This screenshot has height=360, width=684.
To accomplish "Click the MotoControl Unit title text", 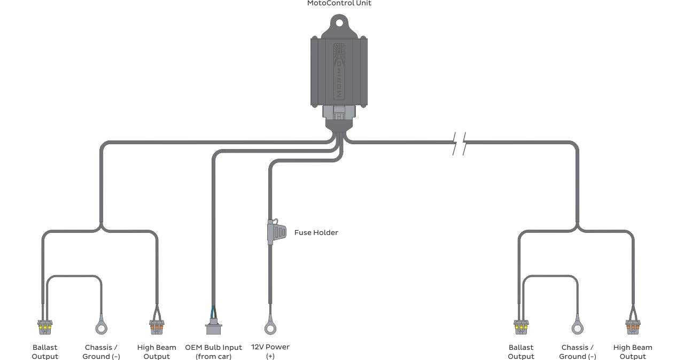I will point(339,3).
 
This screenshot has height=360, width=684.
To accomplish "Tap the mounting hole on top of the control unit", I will point(339,23).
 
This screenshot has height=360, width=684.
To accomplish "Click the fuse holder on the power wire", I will point(276,233).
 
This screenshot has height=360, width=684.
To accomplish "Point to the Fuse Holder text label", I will point(316,233).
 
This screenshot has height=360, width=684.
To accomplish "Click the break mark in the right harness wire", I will point(459,143).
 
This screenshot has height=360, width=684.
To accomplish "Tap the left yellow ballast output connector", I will point(45,325).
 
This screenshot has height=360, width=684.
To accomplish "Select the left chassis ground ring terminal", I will point(101,327).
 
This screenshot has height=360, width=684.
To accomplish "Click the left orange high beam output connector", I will point(157,325).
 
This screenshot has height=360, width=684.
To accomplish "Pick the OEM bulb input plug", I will point(213,326).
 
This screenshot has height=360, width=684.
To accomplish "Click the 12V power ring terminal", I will point(270,327).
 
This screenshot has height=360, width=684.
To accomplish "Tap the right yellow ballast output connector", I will point(521,325).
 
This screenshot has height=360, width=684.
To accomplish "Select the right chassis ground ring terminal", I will point(577,327).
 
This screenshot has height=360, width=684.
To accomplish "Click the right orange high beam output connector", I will point(633,325).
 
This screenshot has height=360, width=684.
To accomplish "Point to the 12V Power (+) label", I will point(270,351).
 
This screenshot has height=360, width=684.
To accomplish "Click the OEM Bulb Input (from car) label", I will point(213,352).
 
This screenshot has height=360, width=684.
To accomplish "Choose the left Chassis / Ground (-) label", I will point(101,352).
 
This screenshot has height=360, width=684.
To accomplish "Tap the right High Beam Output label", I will point(633,352).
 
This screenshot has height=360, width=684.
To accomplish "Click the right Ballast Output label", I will point(521,352).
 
